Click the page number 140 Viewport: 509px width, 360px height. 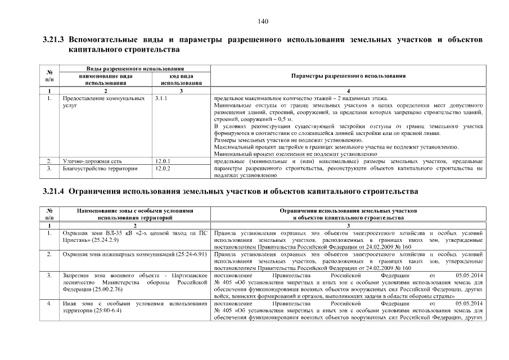(x=263, y=21)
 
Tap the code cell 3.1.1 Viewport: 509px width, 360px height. (x=161, y=98)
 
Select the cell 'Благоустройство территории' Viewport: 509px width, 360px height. (x=96, y=168)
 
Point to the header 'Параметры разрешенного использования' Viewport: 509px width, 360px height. (x=349, y=75)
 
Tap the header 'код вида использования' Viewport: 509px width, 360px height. (x=181, y=79)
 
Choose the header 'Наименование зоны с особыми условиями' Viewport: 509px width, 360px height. (x=134, y=210)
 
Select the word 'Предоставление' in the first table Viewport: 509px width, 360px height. (x=83, y=98)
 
